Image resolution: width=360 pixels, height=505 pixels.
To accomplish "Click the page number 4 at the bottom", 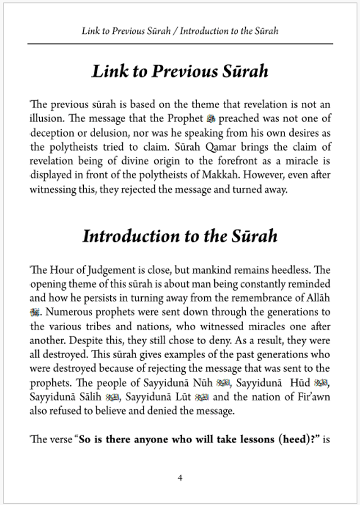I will [x=180, y=478].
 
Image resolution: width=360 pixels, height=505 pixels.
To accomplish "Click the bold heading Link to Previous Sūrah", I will [x=180, y=72].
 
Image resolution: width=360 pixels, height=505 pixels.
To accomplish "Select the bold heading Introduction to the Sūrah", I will [x=180, y=236].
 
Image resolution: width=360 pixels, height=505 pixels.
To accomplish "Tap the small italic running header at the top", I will [x=180, y=31].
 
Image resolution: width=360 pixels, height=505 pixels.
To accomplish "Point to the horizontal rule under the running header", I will [x=180, y=44].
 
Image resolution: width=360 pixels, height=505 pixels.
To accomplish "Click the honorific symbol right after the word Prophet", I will [x=211, y=119].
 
